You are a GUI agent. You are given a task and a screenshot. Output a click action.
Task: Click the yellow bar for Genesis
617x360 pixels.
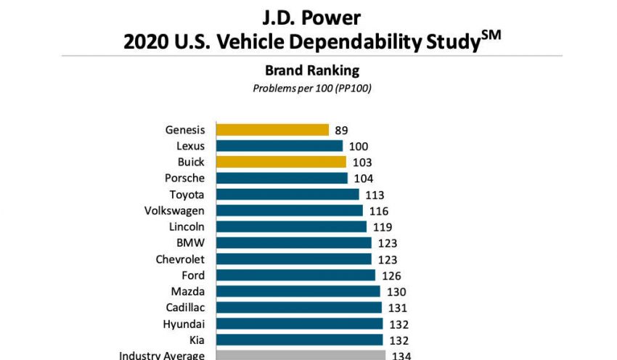click(x=272, y=130)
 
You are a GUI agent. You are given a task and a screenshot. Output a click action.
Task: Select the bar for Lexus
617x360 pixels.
click(x=279, y=146)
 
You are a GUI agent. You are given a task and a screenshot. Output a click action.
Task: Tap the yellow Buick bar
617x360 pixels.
click(x=281, y=162)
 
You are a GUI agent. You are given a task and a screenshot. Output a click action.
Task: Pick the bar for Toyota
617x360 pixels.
click(x=287, y=195)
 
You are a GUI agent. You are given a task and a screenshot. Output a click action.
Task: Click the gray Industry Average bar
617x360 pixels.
click(x=301, y=356)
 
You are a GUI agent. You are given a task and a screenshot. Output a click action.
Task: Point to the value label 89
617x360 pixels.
click(x=341, y=131)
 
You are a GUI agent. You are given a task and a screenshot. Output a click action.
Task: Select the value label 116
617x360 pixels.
click(x=378, y=211)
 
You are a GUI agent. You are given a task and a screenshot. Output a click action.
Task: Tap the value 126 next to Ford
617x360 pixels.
click(x=391, y=276)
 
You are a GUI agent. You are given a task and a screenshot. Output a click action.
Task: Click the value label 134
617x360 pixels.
click(x=401, y=356)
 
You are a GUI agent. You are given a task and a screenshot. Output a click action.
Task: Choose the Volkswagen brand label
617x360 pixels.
click(x=174, y=210)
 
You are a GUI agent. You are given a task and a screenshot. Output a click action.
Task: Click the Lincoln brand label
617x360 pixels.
click(x=187, y=226)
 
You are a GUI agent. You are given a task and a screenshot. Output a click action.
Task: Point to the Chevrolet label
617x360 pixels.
click(x=180, y=259)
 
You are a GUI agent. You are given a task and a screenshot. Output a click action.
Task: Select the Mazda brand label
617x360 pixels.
click(x=188, y=291)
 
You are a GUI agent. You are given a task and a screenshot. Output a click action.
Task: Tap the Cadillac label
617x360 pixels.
click(x=185, y=307)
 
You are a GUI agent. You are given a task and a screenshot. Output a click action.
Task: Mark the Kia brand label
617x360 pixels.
click(x=196, y=340)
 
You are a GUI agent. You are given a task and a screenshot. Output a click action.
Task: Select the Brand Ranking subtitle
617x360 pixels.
click(x=312, y=70)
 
